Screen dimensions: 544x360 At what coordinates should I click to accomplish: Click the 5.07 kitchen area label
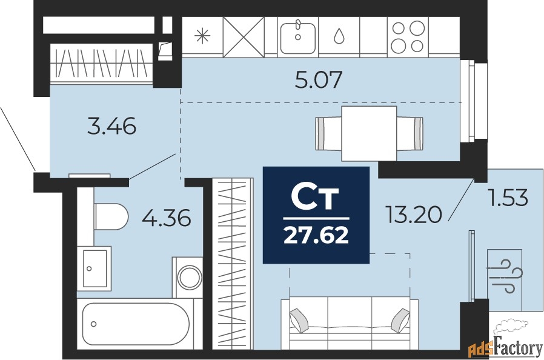coord(319,79)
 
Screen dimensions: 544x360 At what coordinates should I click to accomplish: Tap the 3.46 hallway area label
coord(111,127)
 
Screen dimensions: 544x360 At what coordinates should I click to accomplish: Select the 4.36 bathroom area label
coord(167,218)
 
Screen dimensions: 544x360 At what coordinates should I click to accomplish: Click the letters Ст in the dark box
coord(314,197)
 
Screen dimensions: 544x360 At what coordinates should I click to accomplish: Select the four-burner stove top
coord(408,37)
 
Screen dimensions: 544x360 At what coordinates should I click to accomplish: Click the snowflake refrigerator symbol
coord(202,36)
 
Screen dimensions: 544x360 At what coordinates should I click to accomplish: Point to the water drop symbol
coord(339,36)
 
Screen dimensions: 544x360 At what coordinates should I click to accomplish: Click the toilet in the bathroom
coord(111,216)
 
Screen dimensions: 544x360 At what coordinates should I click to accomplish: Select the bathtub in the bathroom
coord(136,324)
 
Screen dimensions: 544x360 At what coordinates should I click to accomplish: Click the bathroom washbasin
coord(94,268)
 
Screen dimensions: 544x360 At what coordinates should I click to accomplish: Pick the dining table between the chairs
coord(369,134)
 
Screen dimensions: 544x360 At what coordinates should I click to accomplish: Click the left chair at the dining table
coord(328,134)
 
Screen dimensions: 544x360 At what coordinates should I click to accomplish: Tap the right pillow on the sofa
coord(400,320)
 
